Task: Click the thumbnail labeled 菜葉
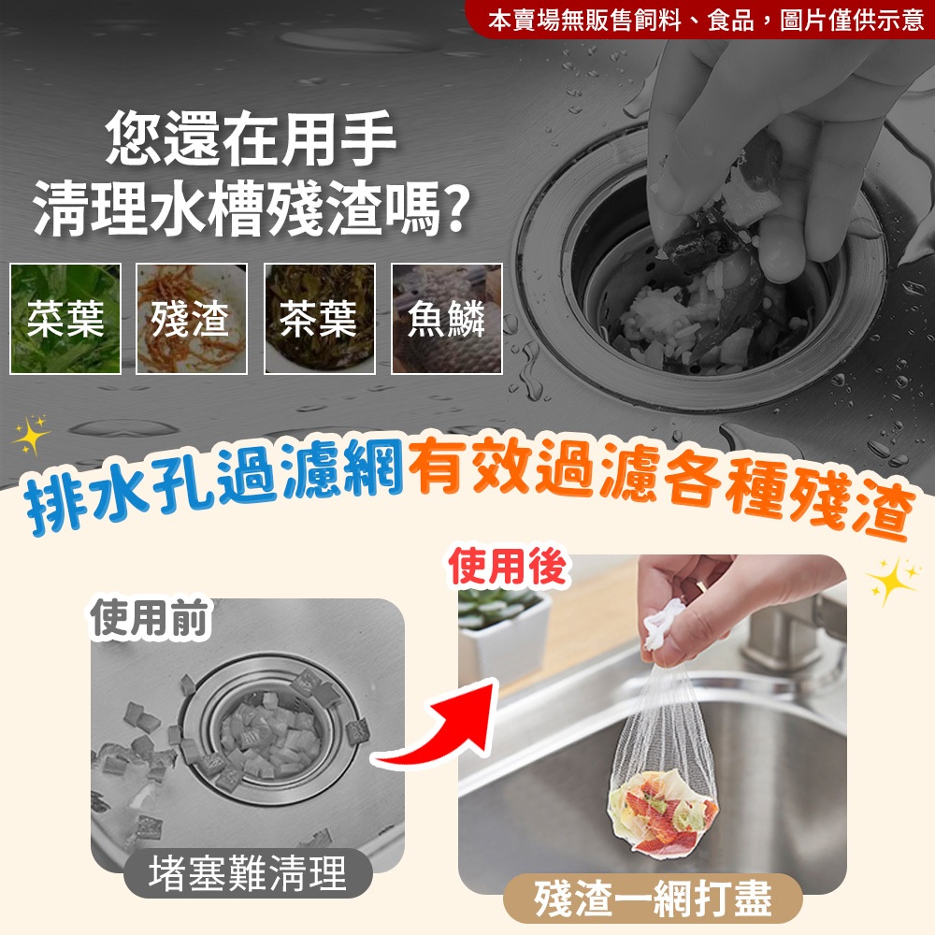click(65, 319)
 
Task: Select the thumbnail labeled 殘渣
click(192, 319)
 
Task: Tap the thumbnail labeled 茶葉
click(320, 319)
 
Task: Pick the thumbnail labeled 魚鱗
click(447, 319)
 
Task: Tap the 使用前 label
click(150, 618)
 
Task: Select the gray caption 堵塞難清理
click(248, 873)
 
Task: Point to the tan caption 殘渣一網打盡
click(653, 899)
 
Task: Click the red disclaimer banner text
click(705, 21)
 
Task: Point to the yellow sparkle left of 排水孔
click(31, 435)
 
